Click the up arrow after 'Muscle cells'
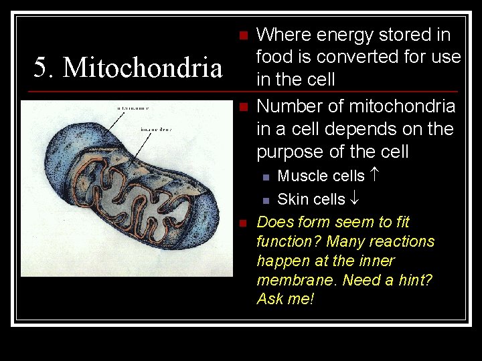tap(374, 176)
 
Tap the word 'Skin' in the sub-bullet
tap(292, 199)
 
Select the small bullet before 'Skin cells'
tap(266, 200)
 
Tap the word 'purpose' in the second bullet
tap(292, 152)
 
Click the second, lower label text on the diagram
tap(156, 129)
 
